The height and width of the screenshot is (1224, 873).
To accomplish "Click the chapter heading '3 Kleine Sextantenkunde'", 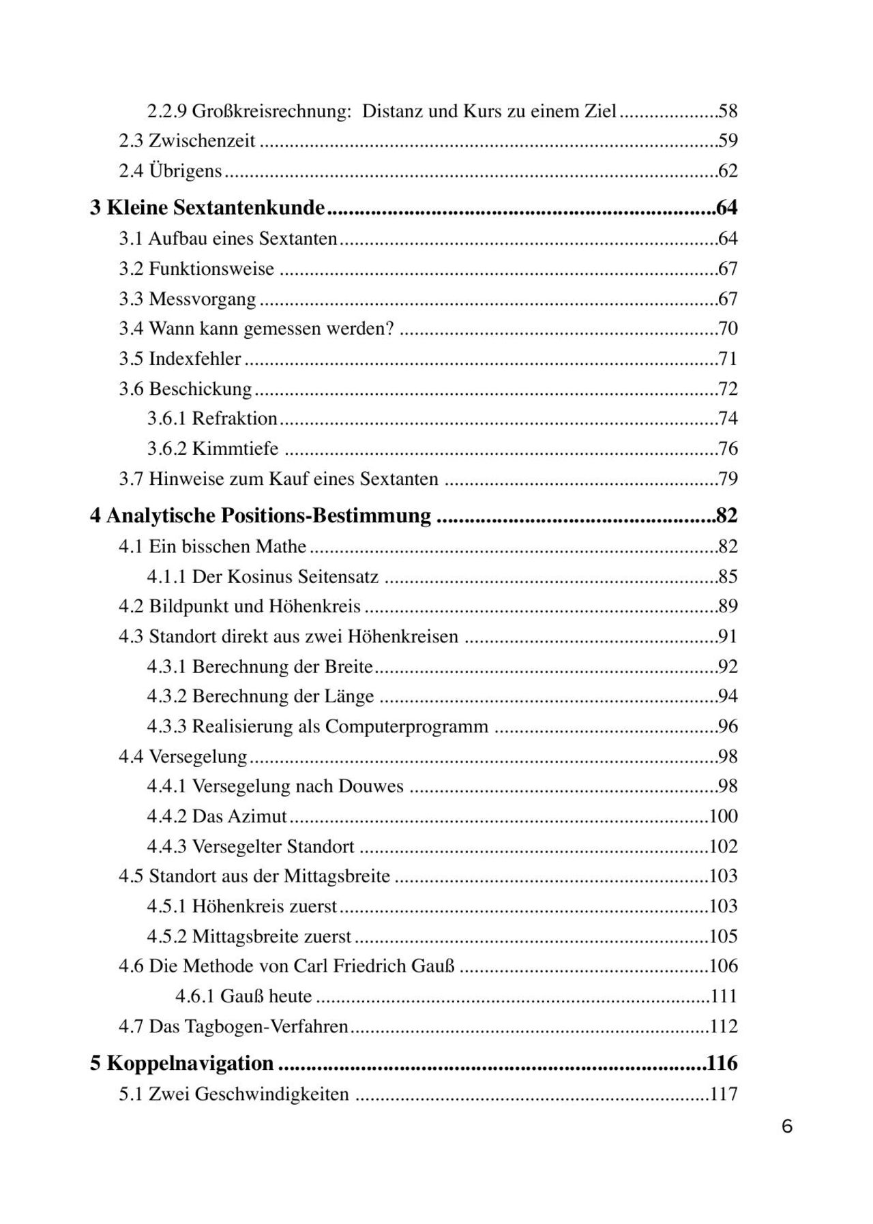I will point(207,208).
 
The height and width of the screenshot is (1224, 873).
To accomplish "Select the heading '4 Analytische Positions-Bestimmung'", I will point(261,516).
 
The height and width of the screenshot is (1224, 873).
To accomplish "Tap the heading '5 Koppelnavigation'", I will point(182,1063).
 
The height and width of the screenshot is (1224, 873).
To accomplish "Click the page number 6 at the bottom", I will point(787,1126).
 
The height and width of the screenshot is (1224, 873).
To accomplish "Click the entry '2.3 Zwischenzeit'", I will point(187,141).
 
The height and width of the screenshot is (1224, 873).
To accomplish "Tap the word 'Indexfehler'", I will point(195,359).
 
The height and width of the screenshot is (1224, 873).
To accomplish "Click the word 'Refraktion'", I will point(235,419).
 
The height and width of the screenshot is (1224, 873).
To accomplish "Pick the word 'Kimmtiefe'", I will point(235,449).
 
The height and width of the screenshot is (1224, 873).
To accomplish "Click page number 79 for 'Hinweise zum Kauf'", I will point(728,479).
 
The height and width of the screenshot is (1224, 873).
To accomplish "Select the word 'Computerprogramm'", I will point(406,726).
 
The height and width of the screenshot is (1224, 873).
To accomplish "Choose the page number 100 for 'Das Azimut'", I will point(724,816).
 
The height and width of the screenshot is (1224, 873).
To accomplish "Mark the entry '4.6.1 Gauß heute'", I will point(243,996).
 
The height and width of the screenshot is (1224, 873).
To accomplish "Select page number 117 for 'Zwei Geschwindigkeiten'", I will point(724,1094).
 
